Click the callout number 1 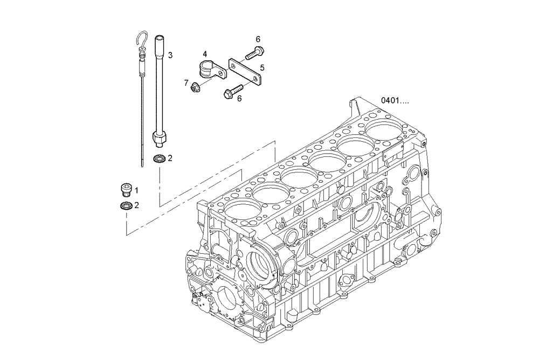[x=136, y=190]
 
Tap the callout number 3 [x=170, y=55]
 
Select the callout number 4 [x=205, y=54]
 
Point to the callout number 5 [x=262, y=67]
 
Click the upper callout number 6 [x=258, y=39]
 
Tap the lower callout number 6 [x=239, y=98]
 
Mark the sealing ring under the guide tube [x=159, y=158]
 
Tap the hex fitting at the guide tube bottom [x=158, y=141]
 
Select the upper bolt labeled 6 [x=253, y=52]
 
